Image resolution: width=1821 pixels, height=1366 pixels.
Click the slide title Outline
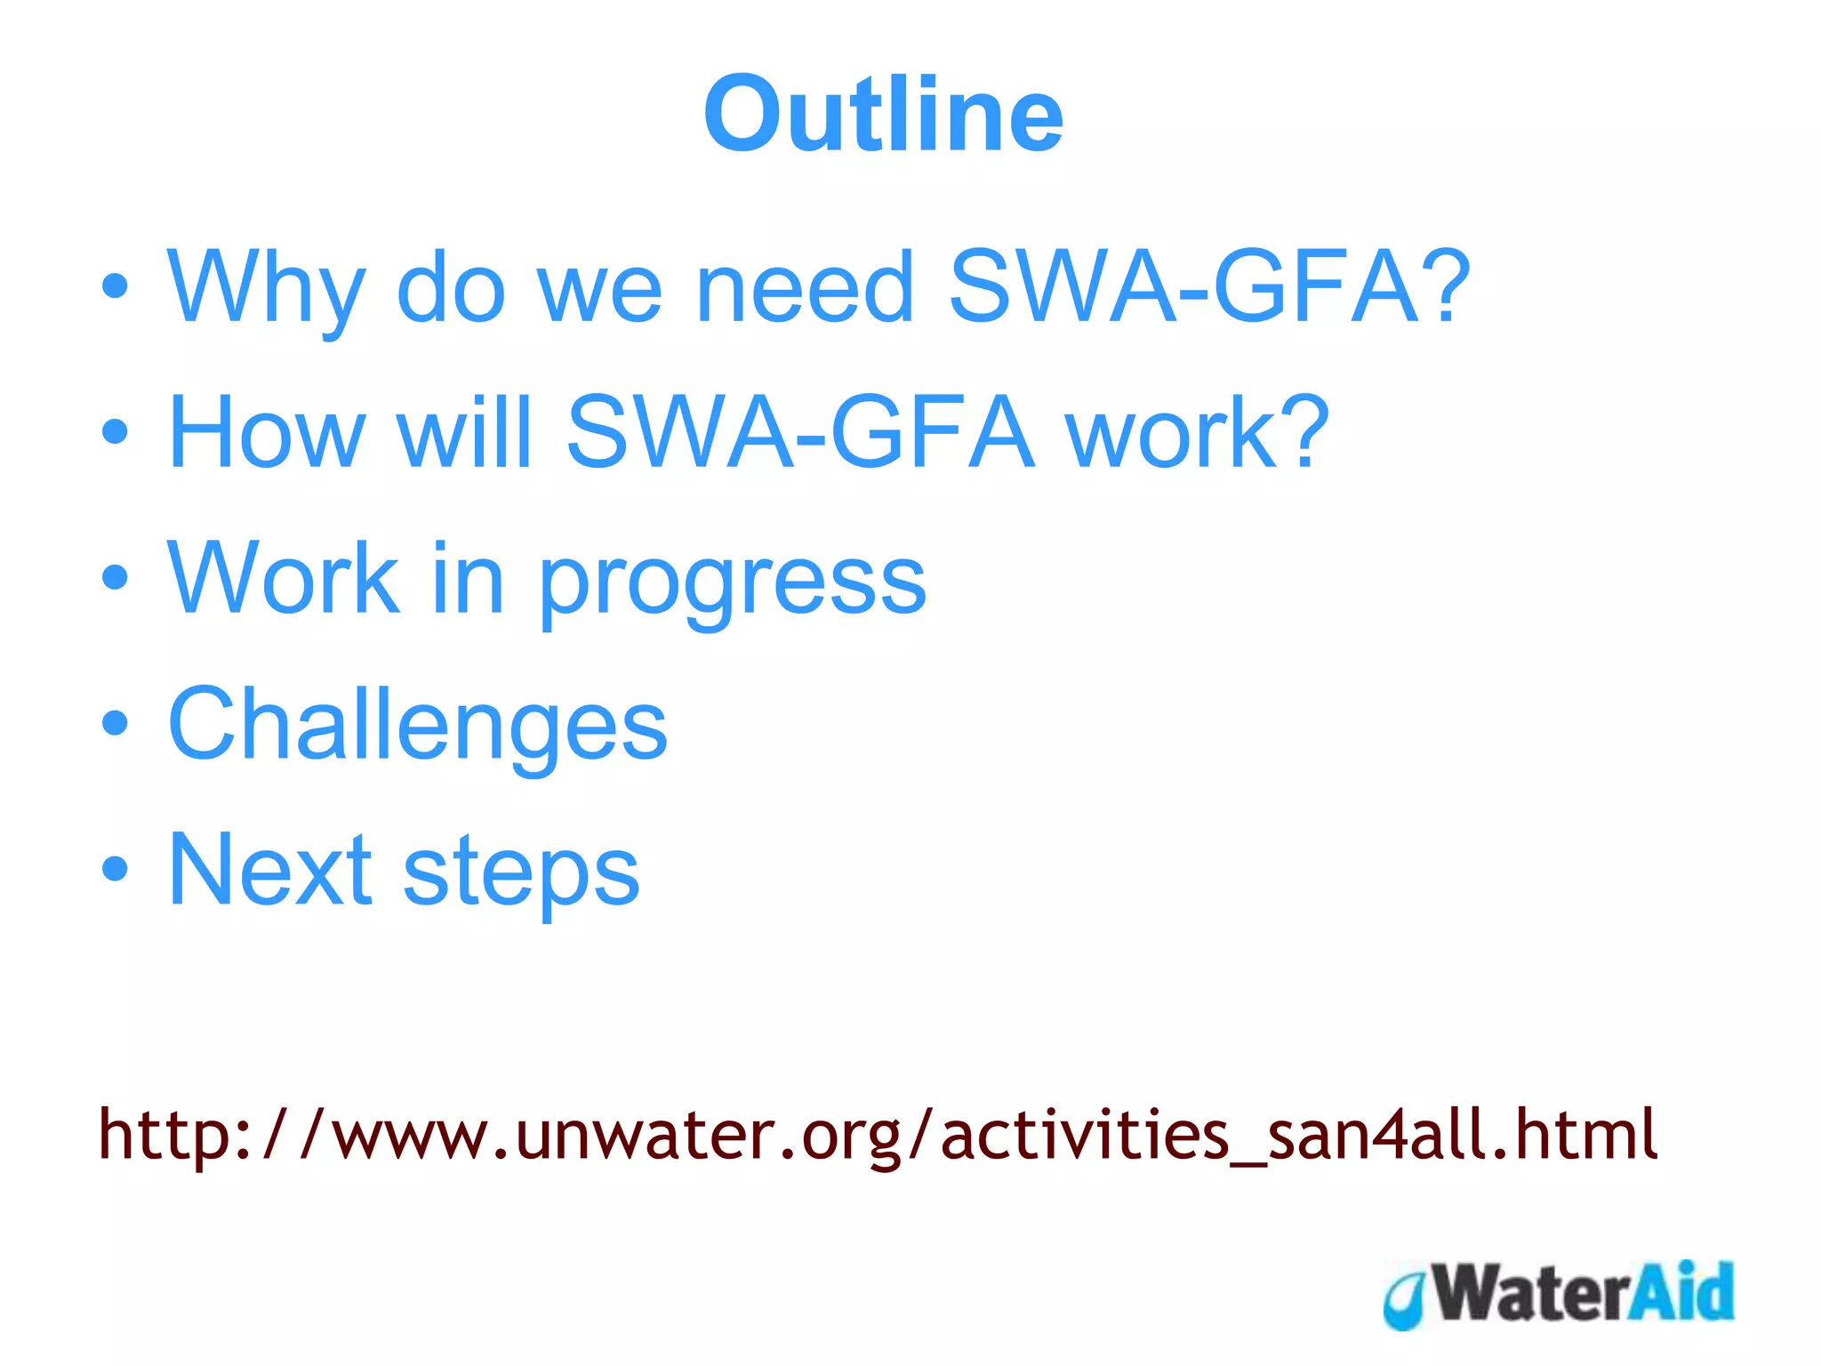click(x=883, y=115)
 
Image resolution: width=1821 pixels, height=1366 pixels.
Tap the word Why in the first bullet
click(x=266, y=289)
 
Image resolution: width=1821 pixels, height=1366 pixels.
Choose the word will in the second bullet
click(x=465, y=433)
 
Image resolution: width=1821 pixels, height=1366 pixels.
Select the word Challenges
click(x=417, y=725)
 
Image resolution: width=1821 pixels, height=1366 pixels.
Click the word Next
click(x=270, y=870)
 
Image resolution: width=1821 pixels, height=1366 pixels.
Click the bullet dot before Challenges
click(x=115, y=723)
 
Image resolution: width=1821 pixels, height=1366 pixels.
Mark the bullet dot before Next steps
click(x=115, y=868)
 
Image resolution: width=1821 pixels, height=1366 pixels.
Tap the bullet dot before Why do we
click(x=115, y=286)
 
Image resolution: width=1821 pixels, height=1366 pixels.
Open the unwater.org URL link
click(x=877, y=1135)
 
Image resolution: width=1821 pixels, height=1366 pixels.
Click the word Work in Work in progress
click(x=284, y=579)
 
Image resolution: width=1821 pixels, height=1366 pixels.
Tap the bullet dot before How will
click(x=115, y=432)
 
